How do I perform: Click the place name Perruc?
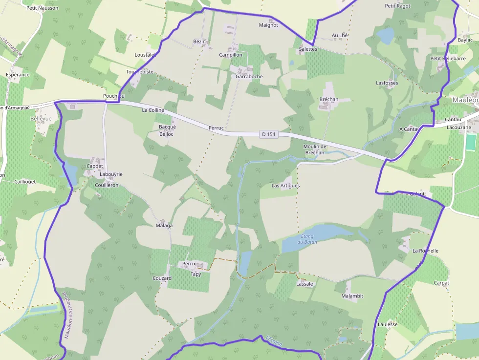pos(216,128)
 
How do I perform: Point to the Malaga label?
pos(164,225)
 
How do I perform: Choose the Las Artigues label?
pos(286,186)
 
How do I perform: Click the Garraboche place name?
pos(249,76)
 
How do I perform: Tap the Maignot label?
pos(268,25)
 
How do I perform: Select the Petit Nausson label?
pos(43,8)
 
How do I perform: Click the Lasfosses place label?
pos(387,83)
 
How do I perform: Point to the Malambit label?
pos(352,296)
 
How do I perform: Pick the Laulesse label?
pos(388,324)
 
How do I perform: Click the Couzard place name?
pos(162,278)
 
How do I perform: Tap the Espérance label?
pos(18,75)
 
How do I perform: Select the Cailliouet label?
pos(24,181)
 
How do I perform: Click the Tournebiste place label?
pos(140,71)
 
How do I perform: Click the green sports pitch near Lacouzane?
pos(471,142)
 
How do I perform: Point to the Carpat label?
pos(441,283)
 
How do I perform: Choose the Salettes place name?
pos(308,49)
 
